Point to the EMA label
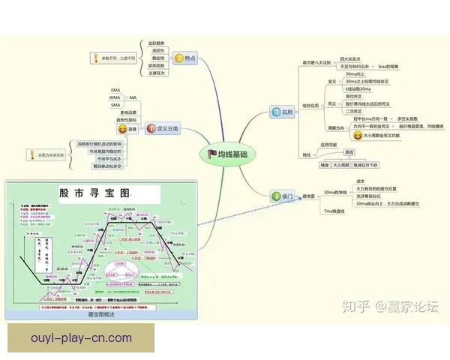click(x=115, y=90)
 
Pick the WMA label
click(x=115, y=97)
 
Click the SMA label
click(x=115, y=106)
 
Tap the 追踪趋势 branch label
click(x=156, y=43)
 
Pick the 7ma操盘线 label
click(x=333, y=211)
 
